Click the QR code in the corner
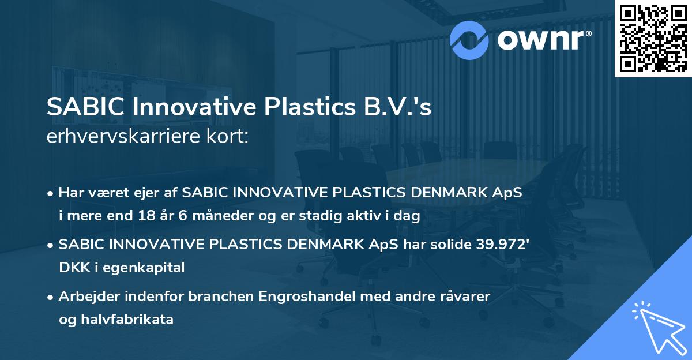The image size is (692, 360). (x=653, y=38)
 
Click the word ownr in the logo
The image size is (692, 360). (x=541, y=39)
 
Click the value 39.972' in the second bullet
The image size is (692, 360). (x=501, y=245)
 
